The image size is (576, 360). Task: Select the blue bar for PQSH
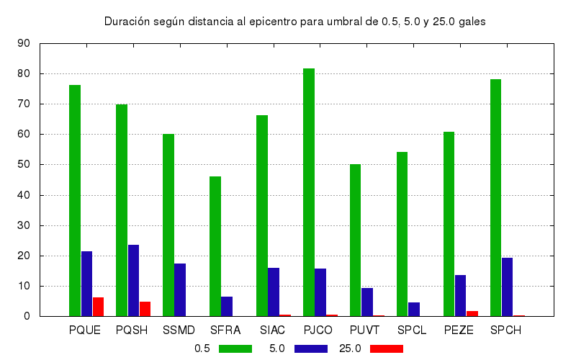coord(134,280)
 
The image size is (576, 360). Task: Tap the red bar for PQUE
coord(99,307)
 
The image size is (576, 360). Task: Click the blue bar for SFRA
coord(227,306)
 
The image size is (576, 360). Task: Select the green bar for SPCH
coord(496,197)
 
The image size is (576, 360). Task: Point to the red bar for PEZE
coord(472,313)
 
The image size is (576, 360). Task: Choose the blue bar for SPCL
coord(414,309)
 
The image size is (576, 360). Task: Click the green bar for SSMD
coord(168,225)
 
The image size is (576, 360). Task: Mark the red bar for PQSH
coord(145,309)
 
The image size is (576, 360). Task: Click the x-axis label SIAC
coord(273,330)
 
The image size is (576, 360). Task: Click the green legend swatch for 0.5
coord(235,348)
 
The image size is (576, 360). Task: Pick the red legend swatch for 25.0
coord(386,348)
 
